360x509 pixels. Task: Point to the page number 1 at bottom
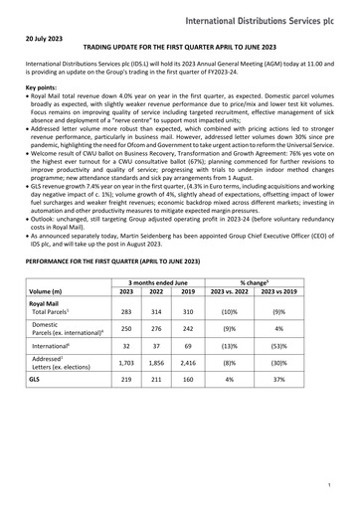[x=341, y=484]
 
